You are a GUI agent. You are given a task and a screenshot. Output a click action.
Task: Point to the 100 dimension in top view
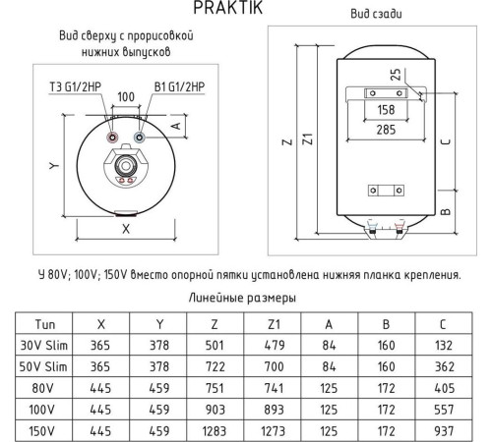125,99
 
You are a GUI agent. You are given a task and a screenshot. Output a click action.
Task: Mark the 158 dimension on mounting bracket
387,109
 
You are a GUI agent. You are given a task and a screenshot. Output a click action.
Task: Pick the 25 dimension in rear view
395,74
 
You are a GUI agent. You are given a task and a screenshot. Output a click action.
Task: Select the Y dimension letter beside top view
54,166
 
